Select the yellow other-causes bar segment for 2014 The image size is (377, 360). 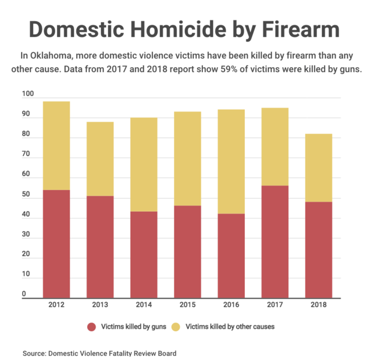[144, 164]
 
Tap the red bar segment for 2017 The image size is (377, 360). [275, 242]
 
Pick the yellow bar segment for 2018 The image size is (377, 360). [318, 167]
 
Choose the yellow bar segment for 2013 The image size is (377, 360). [100, 159]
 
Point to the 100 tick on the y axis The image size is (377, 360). [28, 94]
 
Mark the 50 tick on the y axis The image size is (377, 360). [26, 194]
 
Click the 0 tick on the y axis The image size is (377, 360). [25, 294]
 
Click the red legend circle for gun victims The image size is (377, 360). [92, 327]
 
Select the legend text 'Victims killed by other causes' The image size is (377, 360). [230, 327]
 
